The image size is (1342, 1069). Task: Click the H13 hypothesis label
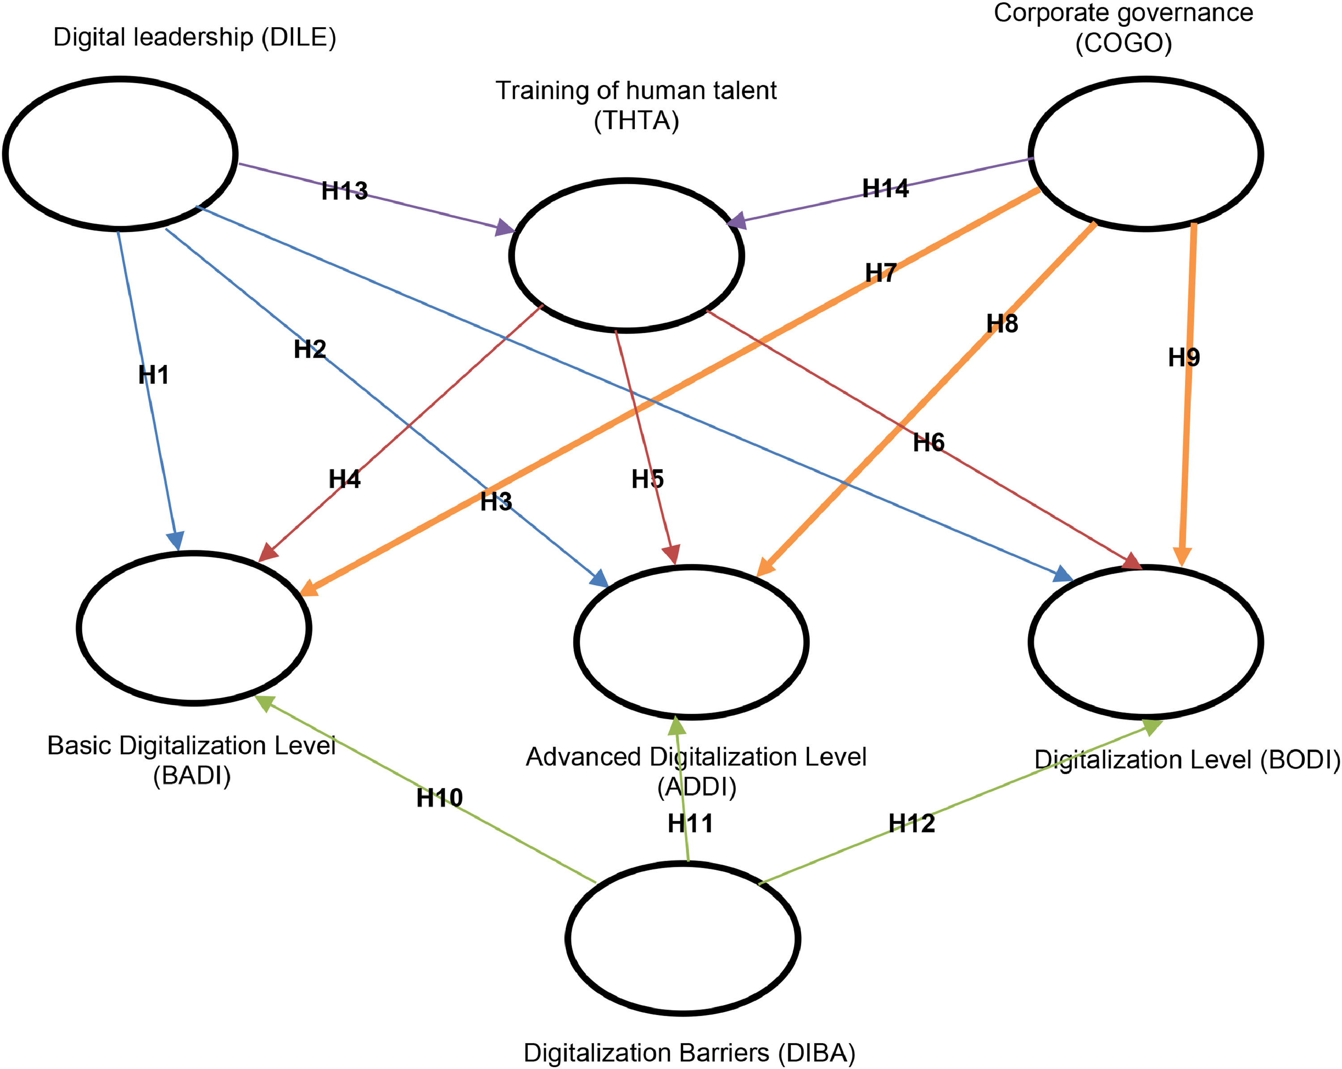pyautogui.click(x=344, y=190)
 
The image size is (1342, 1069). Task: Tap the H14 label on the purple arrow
pyautogui.click(x=885, y=188)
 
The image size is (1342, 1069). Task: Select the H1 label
pyautogui.click(x=153, y=375)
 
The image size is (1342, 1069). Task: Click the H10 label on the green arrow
pyautogui.click(x=439, y=798)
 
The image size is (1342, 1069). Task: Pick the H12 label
pyautogui.click(x=911, y=823)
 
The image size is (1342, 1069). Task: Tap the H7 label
pyautogui.click(x=881, y=273)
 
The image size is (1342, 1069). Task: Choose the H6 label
pyautogui.click(x=929, y=443)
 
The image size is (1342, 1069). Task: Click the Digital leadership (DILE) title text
pyautogui.click(x=195, y=38)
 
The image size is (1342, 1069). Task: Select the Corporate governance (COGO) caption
pyautogui.click(x=1124, y=28)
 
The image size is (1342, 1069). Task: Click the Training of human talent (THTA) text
pyautogui.click(x=636, y=105)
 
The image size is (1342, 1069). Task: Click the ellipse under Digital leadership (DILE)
pyautogui.click(x=121, y=154)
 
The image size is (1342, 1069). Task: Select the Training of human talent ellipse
pyautogui.click(x=626, y=255)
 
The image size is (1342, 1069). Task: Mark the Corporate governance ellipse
pyautogui.click(x=1146, y=154)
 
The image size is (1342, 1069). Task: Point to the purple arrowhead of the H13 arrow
pyautogui.click(x=505, y=228)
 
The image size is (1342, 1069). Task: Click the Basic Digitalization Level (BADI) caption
pyautogui.click(x=192, y=761)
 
